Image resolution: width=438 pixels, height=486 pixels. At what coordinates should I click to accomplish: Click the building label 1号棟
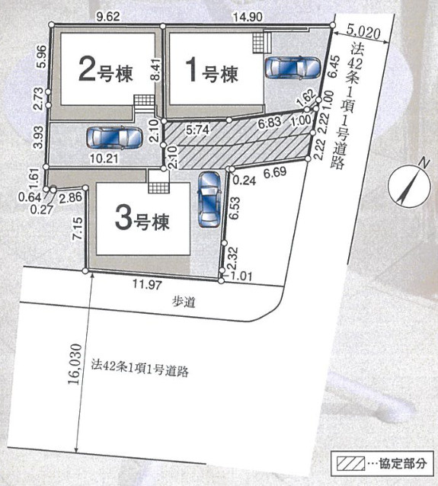click(213, 73)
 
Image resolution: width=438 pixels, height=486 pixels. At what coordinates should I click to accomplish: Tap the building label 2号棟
click(106, 73)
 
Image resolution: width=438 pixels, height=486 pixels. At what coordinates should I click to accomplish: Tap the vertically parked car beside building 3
click(207, 200)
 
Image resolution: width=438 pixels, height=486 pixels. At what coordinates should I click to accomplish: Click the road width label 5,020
click(362, 32)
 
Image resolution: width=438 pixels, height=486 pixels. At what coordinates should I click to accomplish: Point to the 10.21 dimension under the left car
click(104, 160)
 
